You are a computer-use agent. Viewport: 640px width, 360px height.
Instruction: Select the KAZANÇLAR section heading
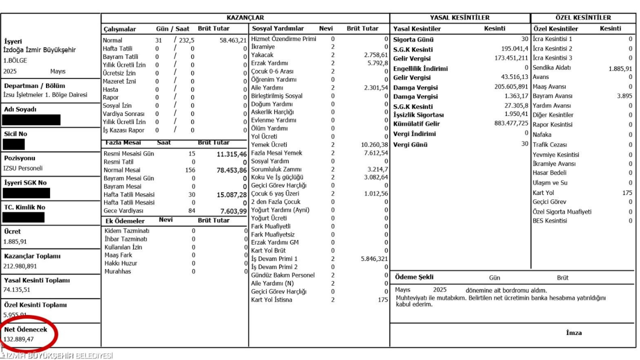[x=245, y=18]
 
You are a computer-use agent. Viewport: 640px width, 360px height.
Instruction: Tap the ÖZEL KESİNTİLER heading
[x=583, y=18]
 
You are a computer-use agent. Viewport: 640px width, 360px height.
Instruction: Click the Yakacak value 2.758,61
[x=375, y=55]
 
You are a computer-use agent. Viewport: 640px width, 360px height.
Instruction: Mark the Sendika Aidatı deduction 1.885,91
[x=620, y=69]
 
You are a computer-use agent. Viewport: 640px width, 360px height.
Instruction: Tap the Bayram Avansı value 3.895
[x=624, y=96]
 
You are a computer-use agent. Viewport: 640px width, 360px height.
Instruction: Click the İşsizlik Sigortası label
[x=418, y=115]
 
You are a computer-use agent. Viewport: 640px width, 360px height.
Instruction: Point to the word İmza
[x=573, y=333]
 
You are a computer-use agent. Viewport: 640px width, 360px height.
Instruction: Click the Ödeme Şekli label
[x=414, y=277]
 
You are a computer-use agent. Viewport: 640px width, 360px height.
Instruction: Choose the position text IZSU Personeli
[x=23, y=168]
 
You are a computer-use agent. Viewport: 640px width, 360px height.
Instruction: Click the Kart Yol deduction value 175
[x=627, y=192]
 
